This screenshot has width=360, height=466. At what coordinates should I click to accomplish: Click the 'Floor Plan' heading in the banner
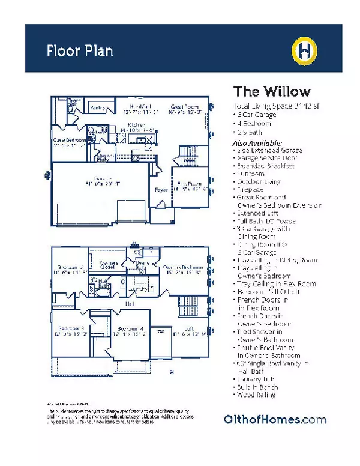[x=80, y=50]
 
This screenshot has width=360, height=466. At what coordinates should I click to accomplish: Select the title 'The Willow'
[x=271, y=91]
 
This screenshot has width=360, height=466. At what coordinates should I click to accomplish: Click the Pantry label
[x=98, y=108]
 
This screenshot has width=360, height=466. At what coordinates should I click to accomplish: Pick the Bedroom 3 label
[x=71, y=328]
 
